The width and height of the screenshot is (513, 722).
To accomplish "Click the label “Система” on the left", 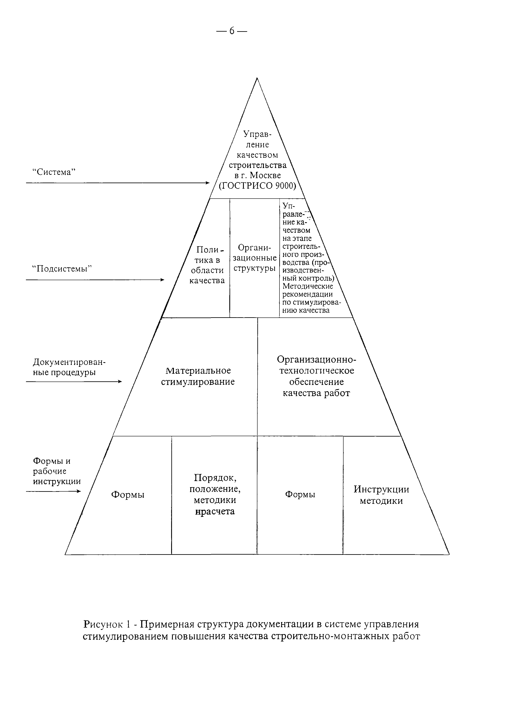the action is (54, 172).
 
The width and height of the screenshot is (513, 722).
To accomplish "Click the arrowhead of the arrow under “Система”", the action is (208, 183).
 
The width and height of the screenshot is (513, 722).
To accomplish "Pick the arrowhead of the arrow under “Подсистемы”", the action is (162, 280).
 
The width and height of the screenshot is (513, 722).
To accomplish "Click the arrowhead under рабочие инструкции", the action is (79, 491).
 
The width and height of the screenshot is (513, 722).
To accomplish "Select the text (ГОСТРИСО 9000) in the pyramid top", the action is (257, 186).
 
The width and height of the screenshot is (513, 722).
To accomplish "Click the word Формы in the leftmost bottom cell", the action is (128, 495).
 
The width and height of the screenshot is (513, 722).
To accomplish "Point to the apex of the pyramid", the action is (257, 78).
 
